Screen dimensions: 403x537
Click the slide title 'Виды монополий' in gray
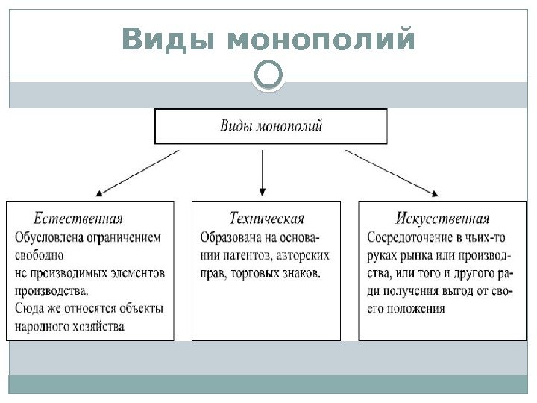[268, 40]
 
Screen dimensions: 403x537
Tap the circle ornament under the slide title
[268, 76]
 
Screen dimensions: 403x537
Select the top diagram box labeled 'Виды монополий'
[271, 126]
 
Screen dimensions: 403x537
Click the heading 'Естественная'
[78, 219]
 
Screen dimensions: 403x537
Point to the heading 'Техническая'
[266, 219]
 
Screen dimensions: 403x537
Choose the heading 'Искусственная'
[442, 219]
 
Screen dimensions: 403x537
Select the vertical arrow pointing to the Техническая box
[263, 172]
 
